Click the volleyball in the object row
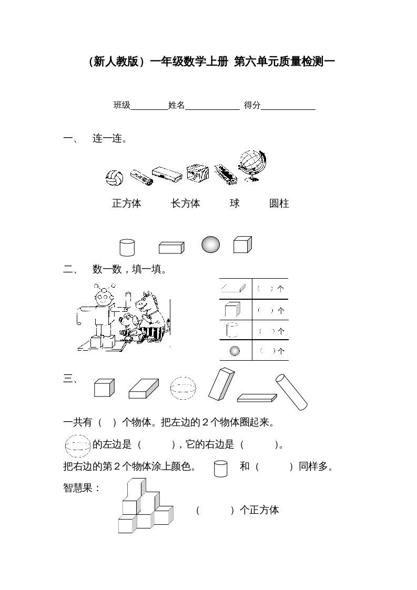pyautogui.click(x=114, y=178)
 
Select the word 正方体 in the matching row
pyautogui.click(x=127, y=204)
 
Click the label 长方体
pyautogui.click(x=186, y=204)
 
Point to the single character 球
pyautogui.click(x=235, y=203)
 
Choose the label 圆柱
pyautogui.click(x=279, y=204)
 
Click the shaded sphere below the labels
pyautogui.click(x=211, y=245)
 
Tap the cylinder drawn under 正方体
pyautogui.click(x=127, y=247)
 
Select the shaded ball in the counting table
pyautogui.click(x=235, y=350)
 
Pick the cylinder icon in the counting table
pyautogui.click(x=232, y=330)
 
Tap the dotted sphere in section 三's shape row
pyautogui.click(x=183, y=389)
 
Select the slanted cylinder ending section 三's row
pyautogui.click(x=291, y=391)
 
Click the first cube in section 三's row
pyautogui.click(x=104, y=388)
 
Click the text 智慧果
pyautogui.click(x=82, y=488)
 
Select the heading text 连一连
pyautogui.click(x=109, y=139)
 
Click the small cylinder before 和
pyautogui.click(x=221, y=468)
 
